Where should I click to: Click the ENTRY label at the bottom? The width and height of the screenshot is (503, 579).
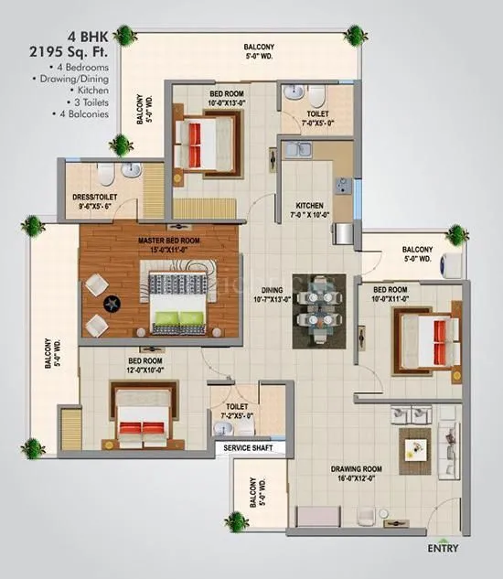pos(444,550)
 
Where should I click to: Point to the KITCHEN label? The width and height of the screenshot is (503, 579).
pos(309,206)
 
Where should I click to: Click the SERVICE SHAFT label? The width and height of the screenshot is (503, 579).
pos(249,448)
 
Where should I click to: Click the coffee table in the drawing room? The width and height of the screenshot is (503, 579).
pos(414,447)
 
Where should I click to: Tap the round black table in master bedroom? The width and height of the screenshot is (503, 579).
pos(110,304)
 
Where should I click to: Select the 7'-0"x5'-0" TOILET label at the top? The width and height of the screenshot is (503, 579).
pos(299,114)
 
